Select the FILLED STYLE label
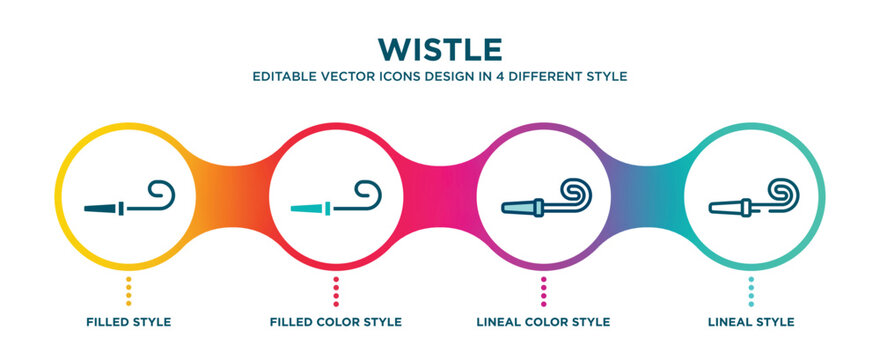(129, 322)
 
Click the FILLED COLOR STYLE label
(336, 322)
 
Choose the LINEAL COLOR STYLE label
(543, 322)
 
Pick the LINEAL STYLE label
(751, 322)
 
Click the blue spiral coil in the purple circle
(575, 191)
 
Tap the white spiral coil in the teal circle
(782, 191)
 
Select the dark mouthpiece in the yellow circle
(100, 208)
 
